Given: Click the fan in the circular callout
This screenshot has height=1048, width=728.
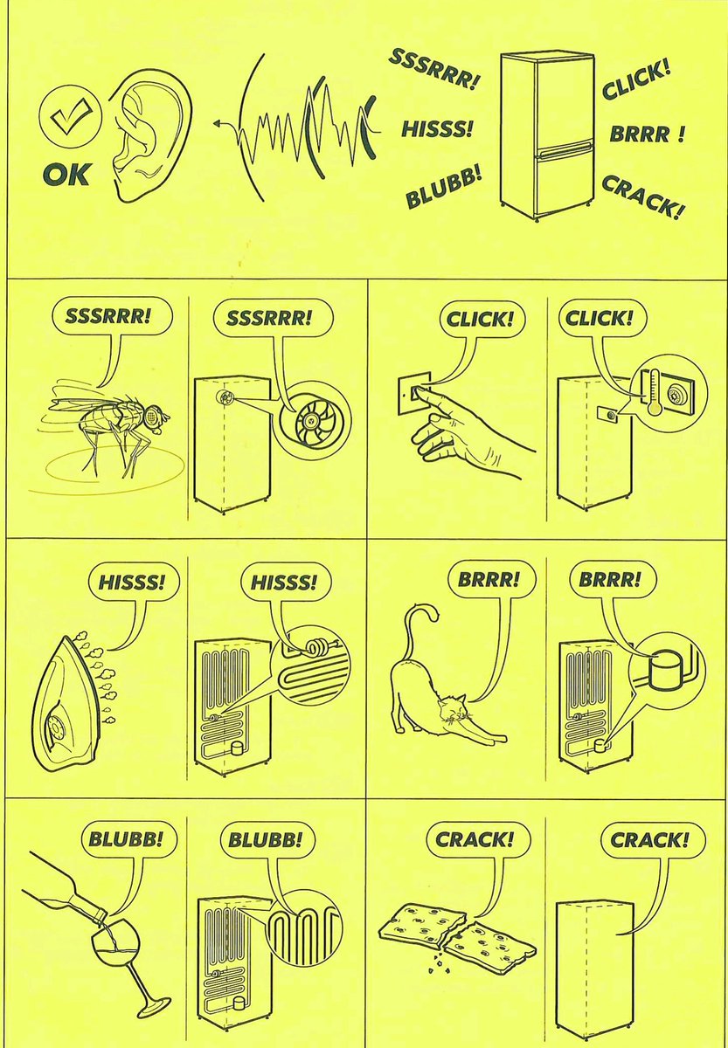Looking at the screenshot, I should click(x=312, y=422).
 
